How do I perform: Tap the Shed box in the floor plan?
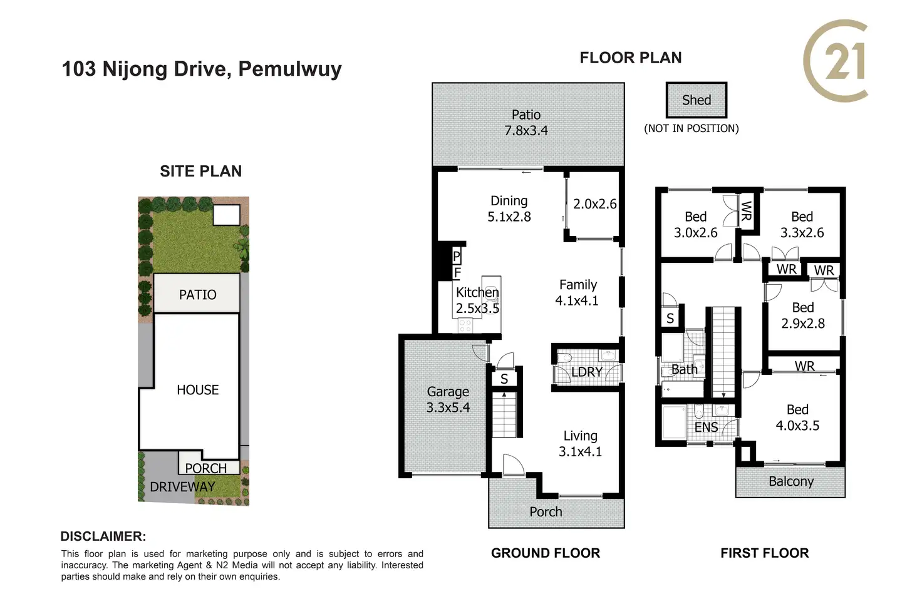tap(697, 100)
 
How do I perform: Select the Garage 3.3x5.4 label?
tap(448, 399)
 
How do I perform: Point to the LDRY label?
tap(586, 372)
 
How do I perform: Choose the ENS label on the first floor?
tap(707, 427)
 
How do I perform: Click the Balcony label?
tap(791, 481)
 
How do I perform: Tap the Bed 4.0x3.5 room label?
tap(798, 417)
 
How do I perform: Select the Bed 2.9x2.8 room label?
tap(803, 315)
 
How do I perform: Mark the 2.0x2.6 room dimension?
tap(595, 204)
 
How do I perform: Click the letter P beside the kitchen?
tap(456, 257)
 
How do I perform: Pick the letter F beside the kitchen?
tap(457, 273)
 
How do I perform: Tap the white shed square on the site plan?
tap(226, 215)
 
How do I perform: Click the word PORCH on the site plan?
tap(206, 468)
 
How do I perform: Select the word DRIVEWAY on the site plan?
tap(182, 487)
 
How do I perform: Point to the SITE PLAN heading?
tap(201, 171)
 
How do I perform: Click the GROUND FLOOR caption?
tap(546, 553)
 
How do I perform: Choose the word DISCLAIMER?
tap(103, 536)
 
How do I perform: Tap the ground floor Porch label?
tap(546, 511)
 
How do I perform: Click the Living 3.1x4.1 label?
tap(580, 444)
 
